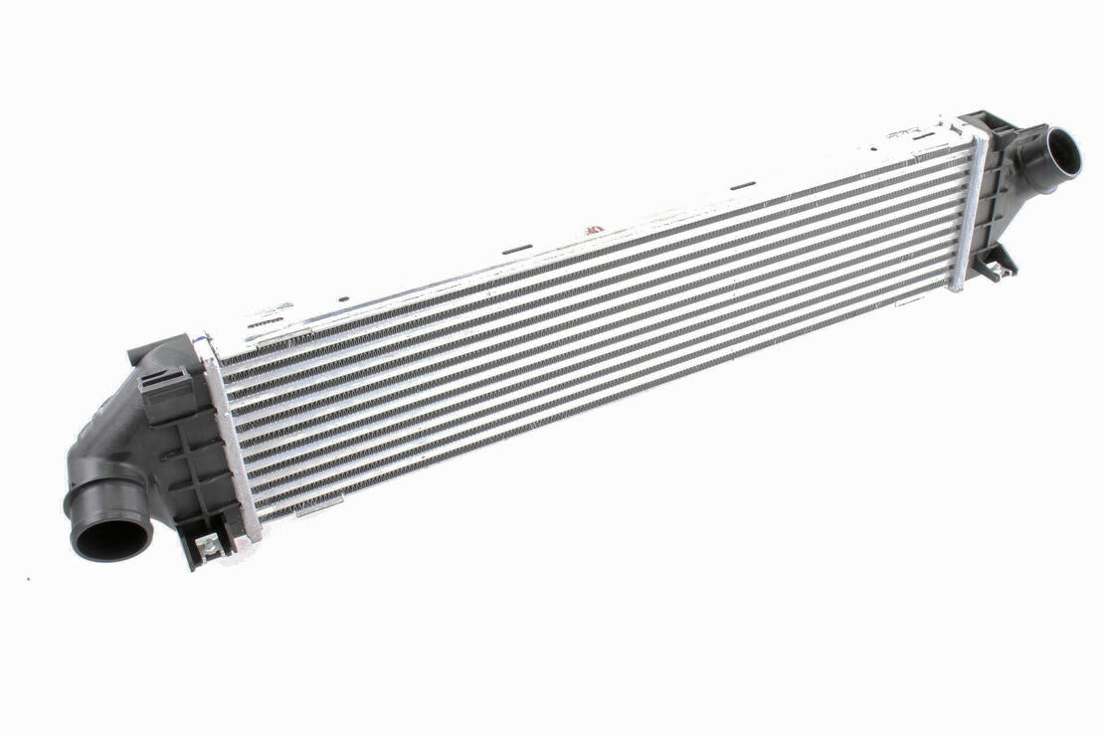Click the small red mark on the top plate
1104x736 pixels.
pyautogui.click(x=593, y=229)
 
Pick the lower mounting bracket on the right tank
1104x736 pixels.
pyautogui.click(x=995, y=261)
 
